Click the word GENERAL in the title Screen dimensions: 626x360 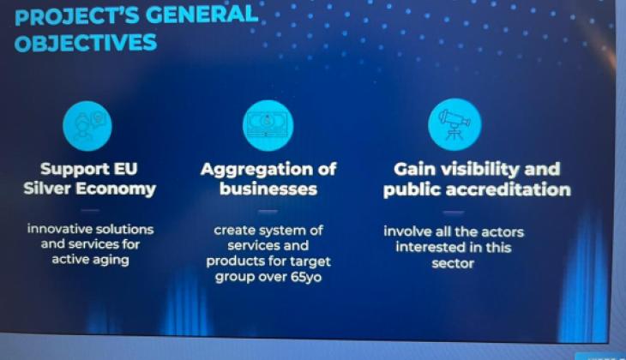click(202, 15)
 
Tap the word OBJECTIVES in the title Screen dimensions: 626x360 click(86, 43)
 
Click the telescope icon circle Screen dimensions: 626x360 click(454, 124)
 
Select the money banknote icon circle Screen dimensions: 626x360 click(268, 126)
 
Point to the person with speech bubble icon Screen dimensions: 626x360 click(87, 126)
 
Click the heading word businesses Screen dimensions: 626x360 click(268, 189)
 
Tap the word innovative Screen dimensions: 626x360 click(59, 229)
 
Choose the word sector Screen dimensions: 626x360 click(453, 263)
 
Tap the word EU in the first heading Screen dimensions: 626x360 click(125, 169)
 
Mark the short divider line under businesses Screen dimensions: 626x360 click(268, 211)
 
